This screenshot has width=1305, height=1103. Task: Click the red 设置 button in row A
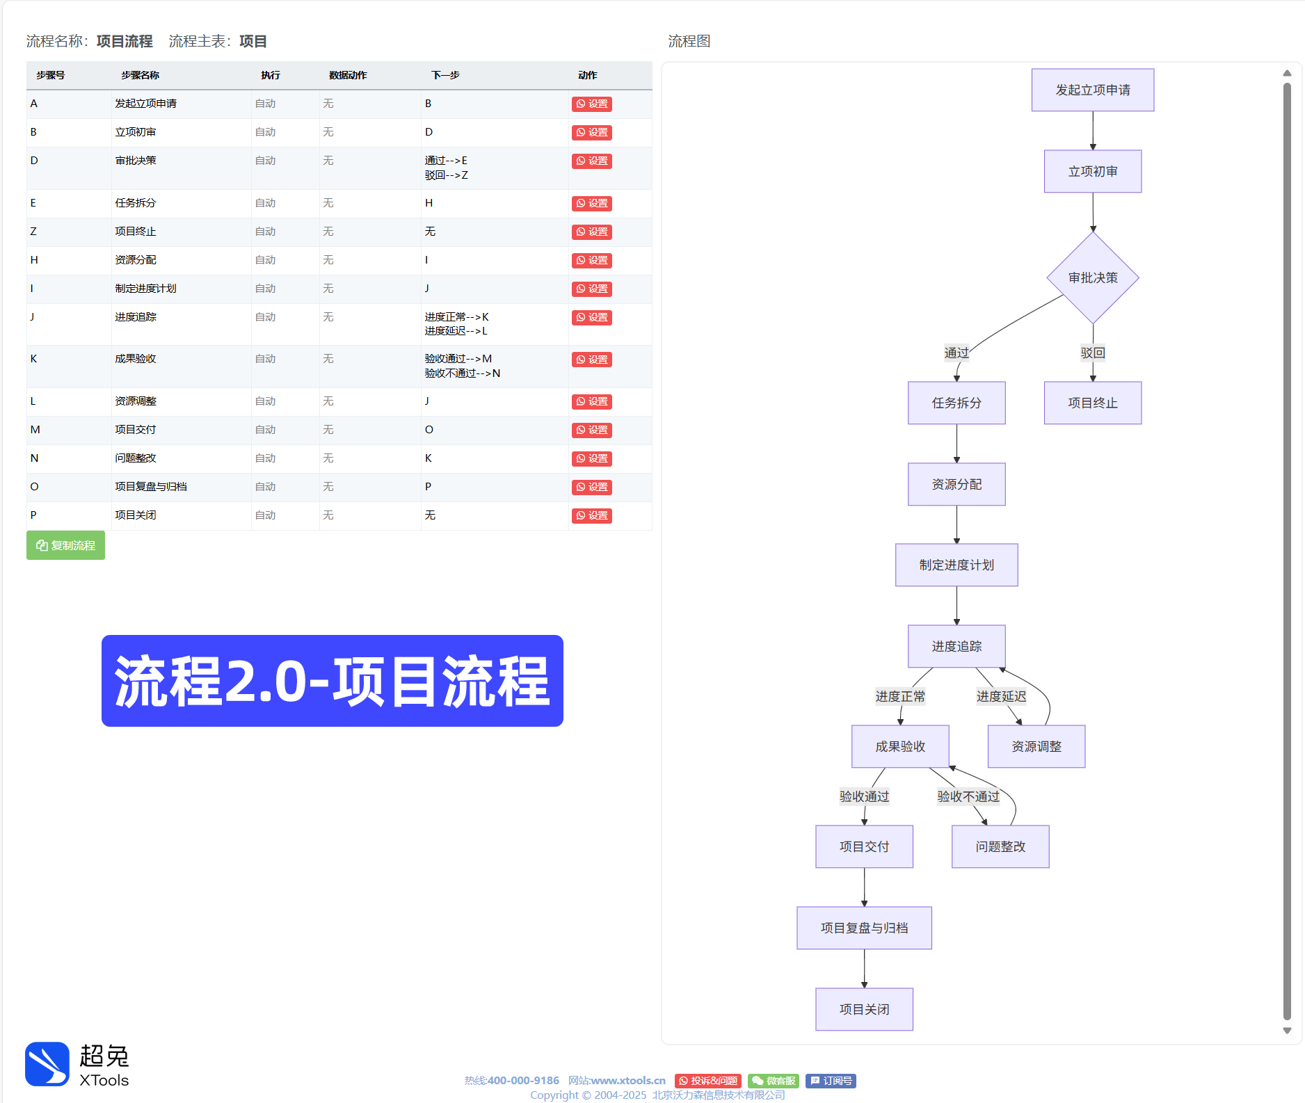click(x=591, y=104)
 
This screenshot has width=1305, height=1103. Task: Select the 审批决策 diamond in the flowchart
click(x=1092, y=277)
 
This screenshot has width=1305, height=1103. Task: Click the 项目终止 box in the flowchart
click(x=1092, y=403)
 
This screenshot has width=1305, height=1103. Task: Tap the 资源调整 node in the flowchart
click(x=1036, y=746)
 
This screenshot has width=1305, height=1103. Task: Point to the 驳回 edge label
click(x=1092, y=353)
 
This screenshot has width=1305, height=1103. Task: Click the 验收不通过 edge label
click(x=968, y=796)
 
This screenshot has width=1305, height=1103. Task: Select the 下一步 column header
click(x=445, y=75)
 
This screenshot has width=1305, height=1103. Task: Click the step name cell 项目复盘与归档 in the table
click(x=151, y=487)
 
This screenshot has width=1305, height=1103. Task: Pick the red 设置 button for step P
click(x=591, y=516)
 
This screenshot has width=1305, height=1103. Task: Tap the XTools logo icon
click(x=47, y=1063)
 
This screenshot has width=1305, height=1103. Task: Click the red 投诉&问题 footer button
click(x=707, y=1081)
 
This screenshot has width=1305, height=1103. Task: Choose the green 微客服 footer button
click(x=774, y=1081)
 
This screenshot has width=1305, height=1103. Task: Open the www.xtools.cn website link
click(x=628, y=1081)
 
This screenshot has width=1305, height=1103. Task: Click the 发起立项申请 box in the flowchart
click(x=1092, y=90)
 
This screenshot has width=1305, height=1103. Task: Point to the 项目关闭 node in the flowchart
click(x=864, y=1009)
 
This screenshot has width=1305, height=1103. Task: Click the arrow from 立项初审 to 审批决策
click(x=1093, y=211)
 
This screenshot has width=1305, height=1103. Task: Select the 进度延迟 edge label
click(x=1001, y=696)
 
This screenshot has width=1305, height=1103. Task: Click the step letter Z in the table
click(x=33, y=232)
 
